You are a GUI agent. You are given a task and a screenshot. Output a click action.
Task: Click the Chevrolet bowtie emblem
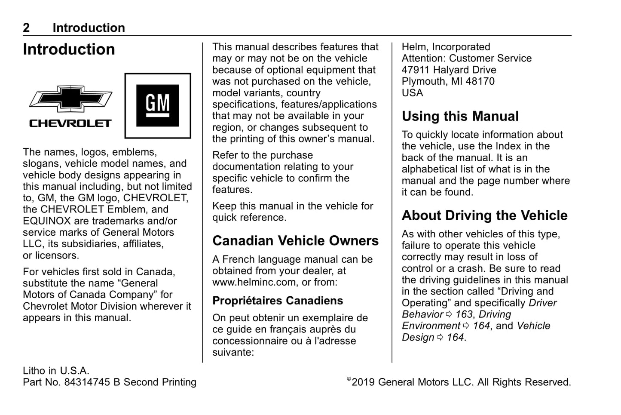70,98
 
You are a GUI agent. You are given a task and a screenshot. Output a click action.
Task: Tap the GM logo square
158,105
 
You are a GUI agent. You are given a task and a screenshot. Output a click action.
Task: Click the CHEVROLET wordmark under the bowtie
70,123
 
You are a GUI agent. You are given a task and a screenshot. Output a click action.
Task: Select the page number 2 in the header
26,28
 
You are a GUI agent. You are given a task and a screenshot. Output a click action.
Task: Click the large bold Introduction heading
69,49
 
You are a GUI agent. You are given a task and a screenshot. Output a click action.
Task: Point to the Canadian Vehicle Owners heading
295,241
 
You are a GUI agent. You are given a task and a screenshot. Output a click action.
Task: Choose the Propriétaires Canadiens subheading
278,301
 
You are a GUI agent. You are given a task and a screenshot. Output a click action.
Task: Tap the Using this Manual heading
460,117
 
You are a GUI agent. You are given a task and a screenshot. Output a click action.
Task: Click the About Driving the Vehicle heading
484,215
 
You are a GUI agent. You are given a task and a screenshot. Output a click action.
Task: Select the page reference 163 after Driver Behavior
464,314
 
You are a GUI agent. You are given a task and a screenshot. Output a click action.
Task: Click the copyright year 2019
363,382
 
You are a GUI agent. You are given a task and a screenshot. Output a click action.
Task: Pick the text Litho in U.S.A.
56,371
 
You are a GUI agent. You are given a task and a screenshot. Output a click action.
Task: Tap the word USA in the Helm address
412,93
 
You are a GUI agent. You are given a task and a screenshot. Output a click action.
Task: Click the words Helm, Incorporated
446,47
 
